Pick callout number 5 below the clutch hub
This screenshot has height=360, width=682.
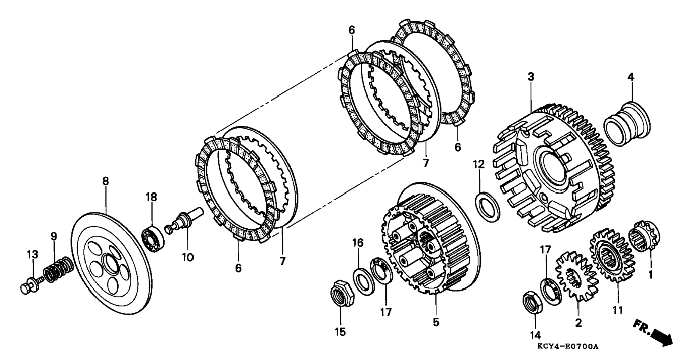[x=436, y=322]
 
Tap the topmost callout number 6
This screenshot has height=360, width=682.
[x=351, y=30]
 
